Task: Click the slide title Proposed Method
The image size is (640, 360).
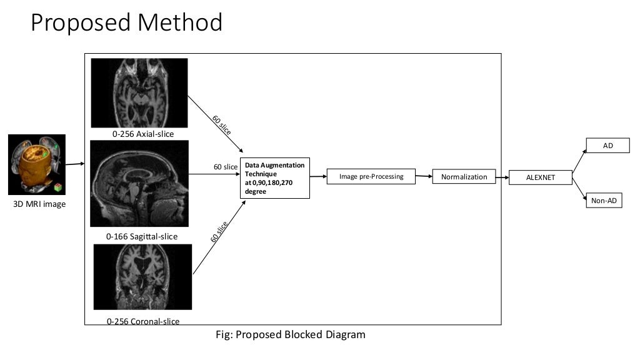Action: (126, 23)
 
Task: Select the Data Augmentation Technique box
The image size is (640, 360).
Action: (275, 178)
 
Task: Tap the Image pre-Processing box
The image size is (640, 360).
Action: (371, 177)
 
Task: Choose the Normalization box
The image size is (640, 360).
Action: (464, 177)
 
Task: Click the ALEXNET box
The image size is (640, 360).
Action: (541, 178)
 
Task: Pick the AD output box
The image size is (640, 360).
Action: (607, 145)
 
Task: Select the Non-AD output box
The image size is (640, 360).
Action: (604, 201)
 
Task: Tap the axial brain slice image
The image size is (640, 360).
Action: (139, 92)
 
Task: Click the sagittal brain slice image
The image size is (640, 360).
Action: (139, 183)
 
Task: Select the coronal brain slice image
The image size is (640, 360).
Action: (142, 277)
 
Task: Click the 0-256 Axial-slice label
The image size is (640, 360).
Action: (143, 134)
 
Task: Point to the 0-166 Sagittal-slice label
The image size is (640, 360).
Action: (142, 236)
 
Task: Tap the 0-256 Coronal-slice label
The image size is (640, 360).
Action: (143, 321)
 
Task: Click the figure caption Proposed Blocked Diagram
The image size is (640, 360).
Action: (290, 334)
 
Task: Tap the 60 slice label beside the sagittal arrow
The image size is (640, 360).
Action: (226, 167)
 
